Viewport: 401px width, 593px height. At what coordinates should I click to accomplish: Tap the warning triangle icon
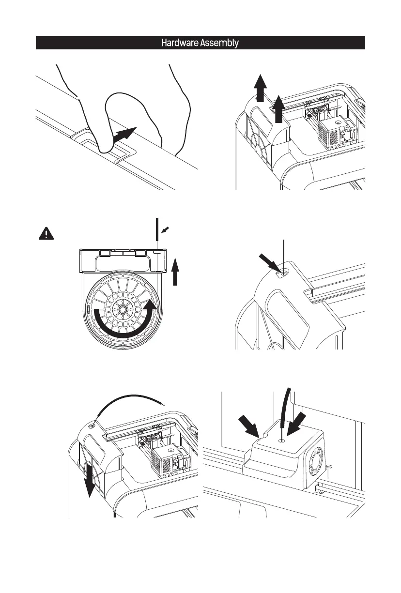[44, 233]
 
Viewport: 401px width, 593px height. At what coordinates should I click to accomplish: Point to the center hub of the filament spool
[122, 308]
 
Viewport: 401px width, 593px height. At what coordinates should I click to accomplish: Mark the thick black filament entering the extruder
[286, 407]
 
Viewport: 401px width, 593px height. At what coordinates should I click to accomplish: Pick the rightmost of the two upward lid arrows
[279, 109]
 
